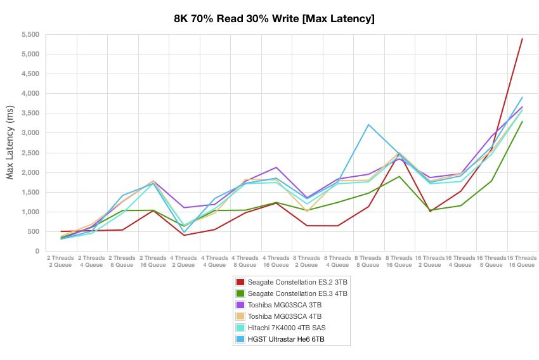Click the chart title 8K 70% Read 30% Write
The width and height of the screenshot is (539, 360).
click(274, 18)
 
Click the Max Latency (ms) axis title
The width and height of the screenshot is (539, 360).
click(11, 143)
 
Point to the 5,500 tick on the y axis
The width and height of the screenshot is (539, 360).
click(30, 34)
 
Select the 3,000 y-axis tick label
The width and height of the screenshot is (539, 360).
click(30, 133)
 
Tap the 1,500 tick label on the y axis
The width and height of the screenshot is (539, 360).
click(30, 192)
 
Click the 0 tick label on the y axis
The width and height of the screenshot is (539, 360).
click(37, 252)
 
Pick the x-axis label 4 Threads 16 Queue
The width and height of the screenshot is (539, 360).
click(276, 262)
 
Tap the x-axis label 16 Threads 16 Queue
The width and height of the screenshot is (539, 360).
click(521, 262)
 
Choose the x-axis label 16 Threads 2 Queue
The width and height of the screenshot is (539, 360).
click(429, 262)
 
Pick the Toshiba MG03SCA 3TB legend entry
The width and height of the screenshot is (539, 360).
click(285, 305)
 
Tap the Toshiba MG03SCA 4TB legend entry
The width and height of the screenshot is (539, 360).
click(285, 317)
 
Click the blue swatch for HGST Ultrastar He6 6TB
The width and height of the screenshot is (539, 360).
click(240, 340)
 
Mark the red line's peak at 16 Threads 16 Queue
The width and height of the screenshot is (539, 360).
click(522, 39)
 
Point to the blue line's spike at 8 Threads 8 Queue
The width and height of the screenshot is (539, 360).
click(368, 124)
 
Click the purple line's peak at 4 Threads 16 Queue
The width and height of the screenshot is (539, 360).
click(276, 167)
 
